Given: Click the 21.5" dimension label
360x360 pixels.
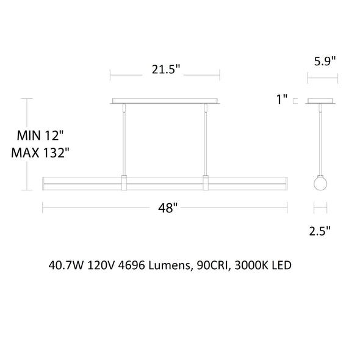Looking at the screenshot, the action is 166,69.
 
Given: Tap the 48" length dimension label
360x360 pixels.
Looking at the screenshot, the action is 168,208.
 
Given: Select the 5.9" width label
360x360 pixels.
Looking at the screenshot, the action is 325,61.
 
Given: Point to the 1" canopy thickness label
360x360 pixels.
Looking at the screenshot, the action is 282,99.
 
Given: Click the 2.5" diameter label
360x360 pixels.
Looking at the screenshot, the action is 320,231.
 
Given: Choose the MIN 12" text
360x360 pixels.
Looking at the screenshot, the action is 40,135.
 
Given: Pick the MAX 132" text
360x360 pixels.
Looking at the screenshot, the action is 40,153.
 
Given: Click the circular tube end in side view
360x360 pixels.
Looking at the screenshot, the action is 320,184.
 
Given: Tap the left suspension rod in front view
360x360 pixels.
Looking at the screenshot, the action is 124,140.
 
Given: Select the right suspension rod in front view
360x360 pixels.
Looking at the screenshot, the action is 206,140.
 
